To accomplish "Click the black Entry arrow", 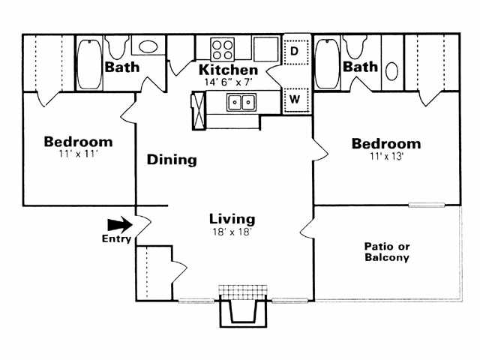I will click(x=118, y=224).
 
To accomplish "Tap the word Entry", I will click(x=116, y=239).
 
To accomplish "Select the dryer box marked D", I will click(x=295, y=51).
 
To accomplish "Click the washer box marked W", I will click(x=295, y=98).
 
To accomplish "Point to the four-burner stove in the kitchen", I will click(x=222, y=49).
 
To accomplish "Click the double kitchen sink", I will click(x=241, y=101).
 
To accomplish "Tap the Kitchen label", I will click(x=228, y=70).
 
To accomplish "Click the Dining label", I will click(x=172, y=160).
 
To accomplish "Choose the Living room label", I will click(x=232, y=219).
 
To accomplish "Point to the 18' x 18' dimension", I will click(x=232, y=232).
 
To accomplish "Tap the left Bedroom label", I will click(x=78, y=142).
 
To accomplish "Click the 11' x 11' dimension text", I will click(x=78, y=155).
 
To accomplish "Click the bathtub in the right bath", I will click(x=326, y=63).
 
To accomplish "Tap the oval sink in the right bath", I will click(x=392, y=73).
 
